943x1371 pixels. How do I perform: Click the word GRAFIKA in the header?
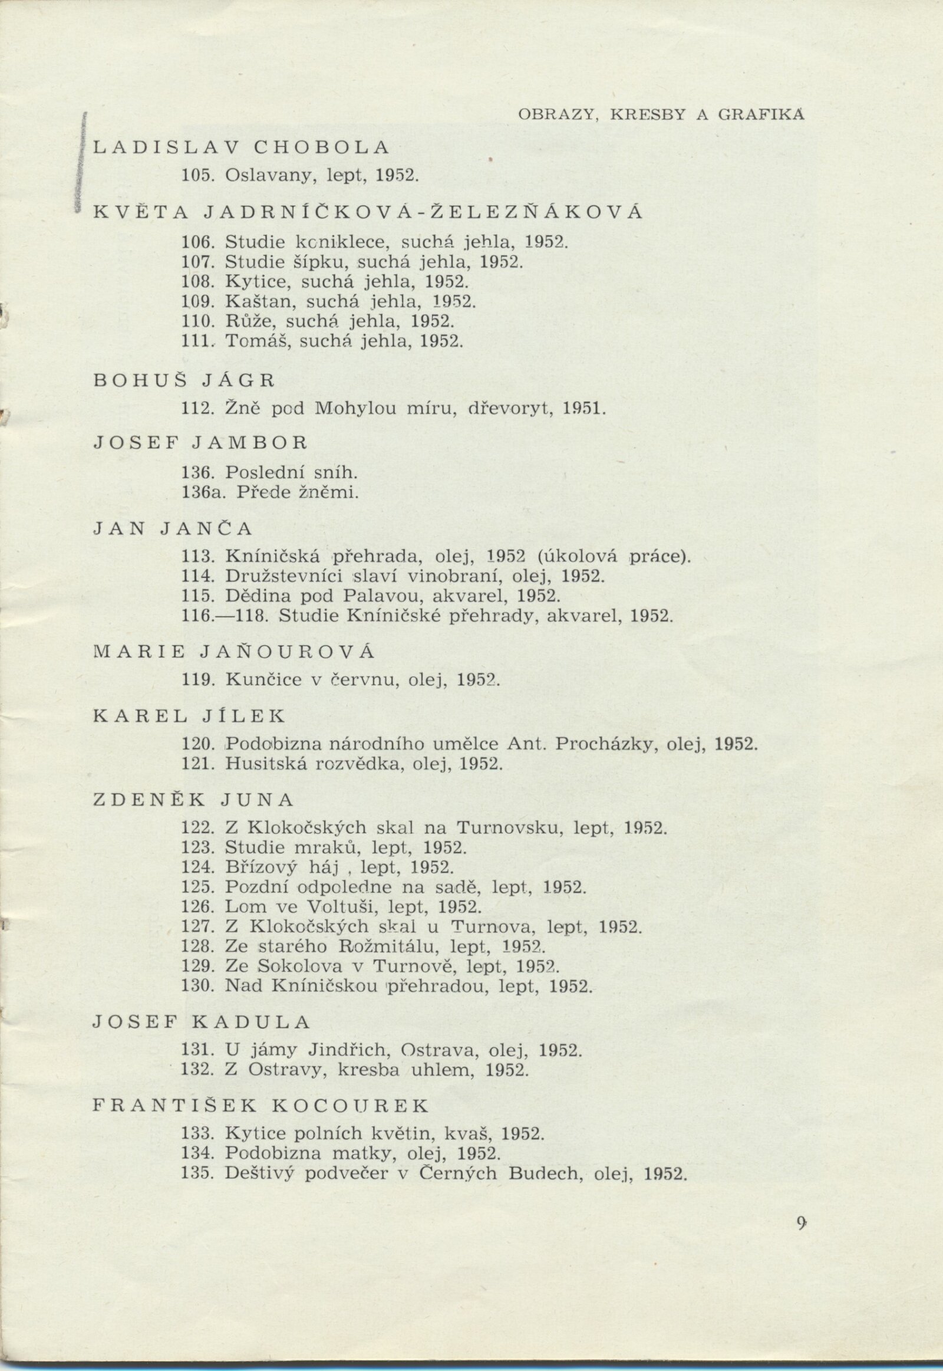(761, 116)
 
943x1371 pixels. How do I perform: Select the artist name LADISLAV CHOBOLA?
(242, 148)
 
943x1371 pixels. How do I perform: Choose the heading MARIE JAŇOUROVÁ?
(234, 652)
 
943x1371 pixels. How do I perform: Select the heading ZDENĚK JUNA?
(193, 801)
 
